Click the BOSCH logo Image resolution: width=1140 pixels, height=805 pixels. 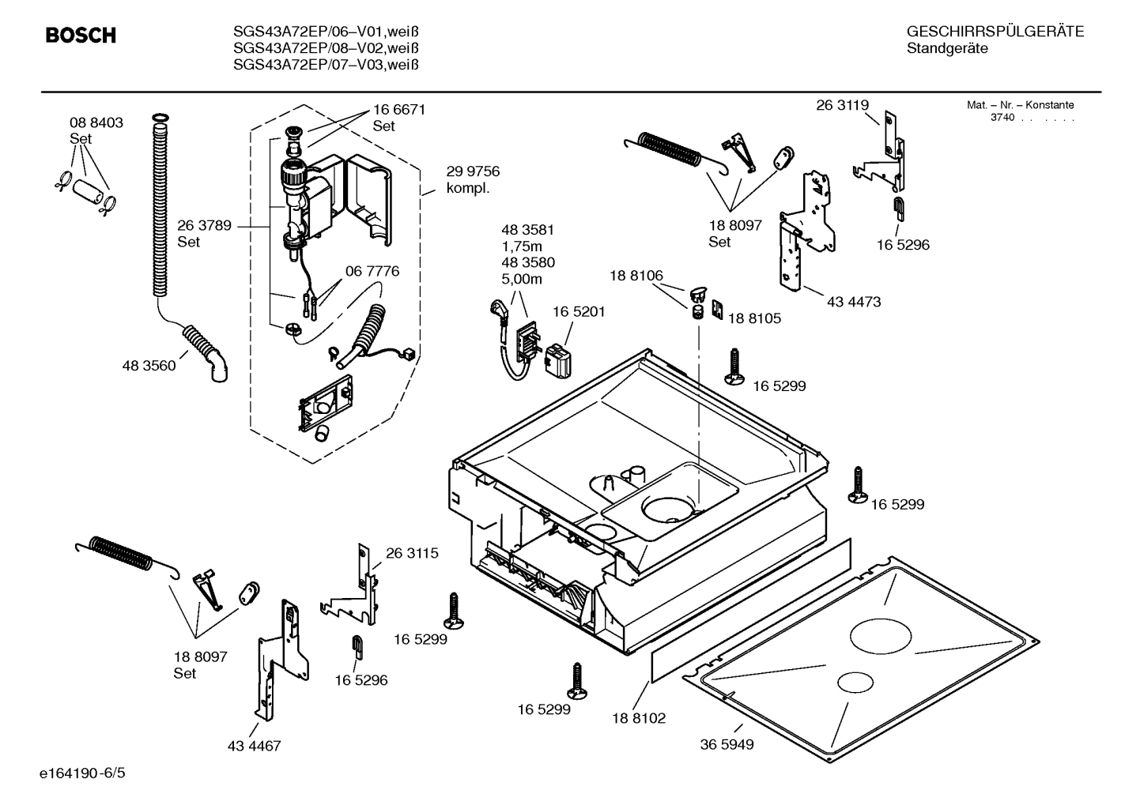(x=81, y=36)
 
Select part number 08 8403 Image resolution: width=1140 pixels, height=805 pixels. (x=96, y=123)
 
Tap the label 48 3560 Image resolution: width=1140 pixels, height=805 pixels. (x=149, y=366)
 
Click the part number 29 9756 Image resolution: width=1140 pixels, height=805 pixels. (x=473, y=171)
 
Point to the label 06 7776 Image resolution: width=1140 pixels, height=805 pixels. (x=372, y=271)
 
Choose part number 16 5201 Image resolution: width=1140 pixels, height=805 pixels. (x=579, y=312)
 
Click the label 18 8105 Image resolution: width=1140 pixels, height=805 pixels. (x=754, y=318)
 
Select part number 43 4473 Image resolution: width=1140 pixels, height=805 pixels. (x=854, y=302)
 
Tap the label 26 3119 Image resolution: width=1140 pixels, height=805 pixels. (x=843, y=105)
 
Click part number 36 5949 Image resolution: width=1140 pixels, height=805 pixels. (x=727, y=744)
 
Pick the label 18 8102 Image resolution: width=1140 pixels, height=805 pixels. (x=639, y=718)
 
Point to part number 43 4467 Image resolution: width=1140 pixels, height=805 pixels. (x=254, y=746)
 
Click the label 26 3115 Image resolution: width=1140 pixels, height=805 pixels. (x=412, y=553)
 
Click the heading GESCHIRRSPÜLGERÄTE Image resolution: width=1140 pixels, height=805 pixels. (x=995, y=32)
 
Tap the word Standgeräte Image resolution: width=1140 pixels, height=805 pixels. (x=947, y=49)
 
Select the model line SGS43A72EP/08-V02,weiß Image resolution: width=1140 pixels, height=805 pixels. (x=326, y=48)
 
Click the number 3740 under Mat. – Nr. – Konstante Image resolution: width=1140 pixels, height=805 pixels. (x=1002, y=118)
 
